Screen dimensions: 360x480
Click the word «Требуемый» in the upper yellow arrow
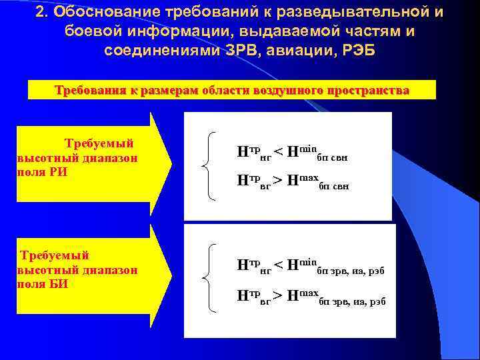tap(99, 143)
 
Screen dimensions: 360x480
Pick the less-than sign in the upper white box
tap(278, 152)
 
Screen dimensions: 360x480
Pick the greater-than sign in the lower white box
tap(278, 295)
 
